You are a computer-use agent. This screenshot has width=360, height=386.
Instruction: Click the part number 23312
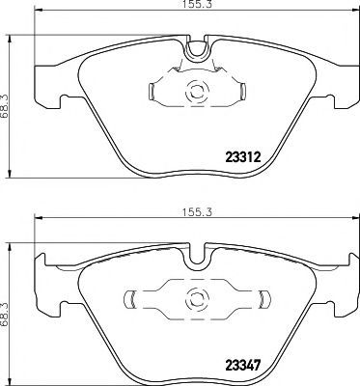point(243,157)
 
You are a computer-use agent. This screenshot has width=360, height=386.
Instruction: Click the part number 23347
point(243,366)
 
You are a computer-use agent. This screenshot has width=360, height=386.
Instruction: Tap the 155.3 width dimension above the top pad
point(197,4)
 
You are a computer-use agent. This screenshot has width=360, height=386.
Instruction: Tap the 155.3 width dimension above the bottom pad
point(197,212)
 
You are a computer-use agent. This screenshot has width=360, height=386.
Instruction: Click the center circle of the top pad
point(196,92)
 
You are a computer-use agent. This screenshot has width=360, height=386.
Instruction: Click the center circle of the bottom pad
point(196,300)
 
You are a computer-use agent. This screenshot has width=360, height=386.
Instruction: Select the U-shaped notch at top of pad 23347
point(197,262)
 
